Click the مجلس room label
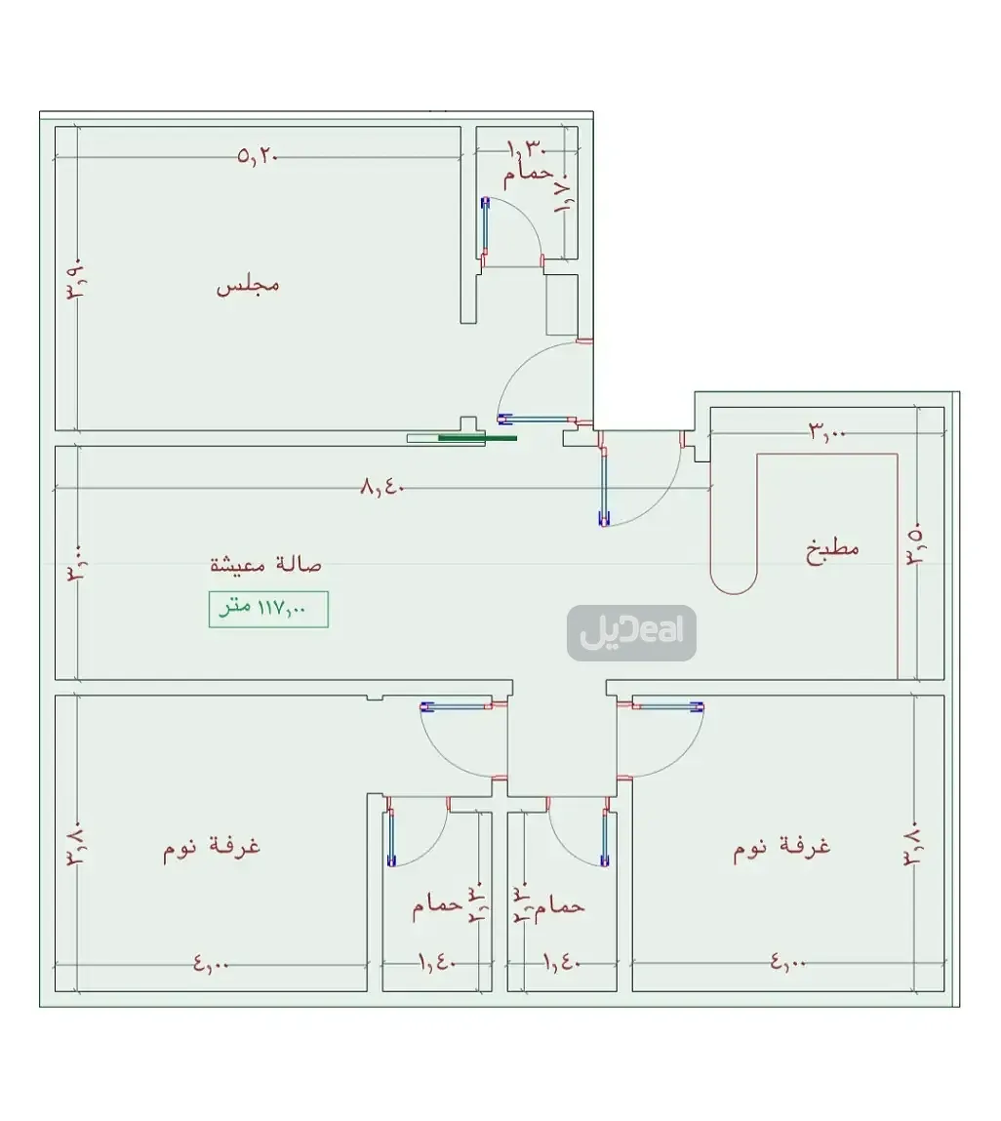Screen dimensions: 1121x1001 tap(248, 285)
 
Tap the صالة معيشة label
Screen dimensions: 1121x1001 tap(265, 564)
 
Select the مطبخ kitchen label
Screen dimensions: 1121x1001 tap(832, 547)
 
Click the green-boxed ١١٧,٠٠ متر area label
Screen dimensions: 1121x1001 tap(268, 609)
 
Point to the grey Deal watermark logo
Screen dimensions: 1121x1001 tap(631, 633)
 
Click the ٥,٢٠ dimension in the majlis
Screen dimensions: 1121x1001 tap(258, 155)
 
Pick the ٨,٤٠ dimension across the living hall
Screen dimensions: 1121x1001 tap(382, 487)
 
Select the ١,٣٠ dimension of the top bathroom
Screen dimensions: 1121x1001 tap(525, 148)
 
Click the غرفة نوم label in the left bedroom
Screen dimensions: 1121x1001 tap(212, 846)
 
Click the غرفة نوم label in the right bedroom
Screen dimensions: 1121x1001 tap(781, 846)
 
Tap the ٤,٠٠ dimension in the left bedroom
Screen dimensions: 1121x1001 tap(211, 964)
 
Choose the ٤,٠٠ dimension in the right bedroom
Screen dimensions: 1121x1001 tap(788, 964)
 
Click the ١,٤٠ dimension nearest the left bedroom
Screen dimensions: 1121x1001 tap(437, 964)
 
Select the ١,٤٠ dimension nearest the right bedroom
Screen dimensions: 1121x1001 tap(562, 964)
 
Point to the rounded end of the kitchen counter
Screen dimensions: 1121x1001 tap(734, 582)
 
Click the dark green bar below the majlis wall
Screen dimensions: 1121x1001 tap(477, 438)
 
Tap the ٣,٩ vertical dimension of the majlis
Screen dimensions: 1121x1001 tap(76, 279)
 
